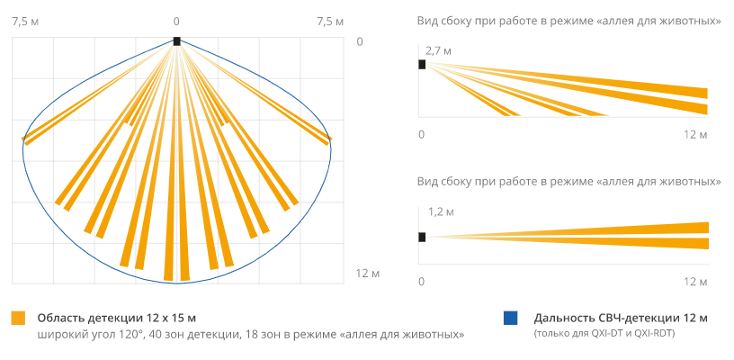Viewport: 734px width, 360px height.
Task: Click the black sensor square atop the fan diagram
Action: (176, 40)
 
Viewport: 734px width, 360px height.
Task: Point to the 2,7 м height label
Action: (438, 51)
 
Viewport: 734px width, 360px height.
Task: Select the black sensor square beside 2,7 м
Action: (422, 64)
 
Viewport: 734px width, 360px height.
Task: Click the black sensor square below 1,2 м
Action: (422, 237)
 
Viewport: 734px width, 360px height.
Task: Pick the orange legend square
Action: (18, 318)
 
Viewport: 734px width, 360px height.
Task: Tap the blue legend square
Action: (511, 318)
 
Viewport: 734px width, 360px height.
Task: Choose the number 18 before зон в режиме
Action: (246, 335)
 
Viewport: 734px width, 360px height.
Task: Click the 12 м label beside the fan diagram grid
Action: (368, 274)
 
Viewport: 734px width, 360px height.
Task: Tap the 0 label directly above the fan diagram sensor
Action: (176, 21)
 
